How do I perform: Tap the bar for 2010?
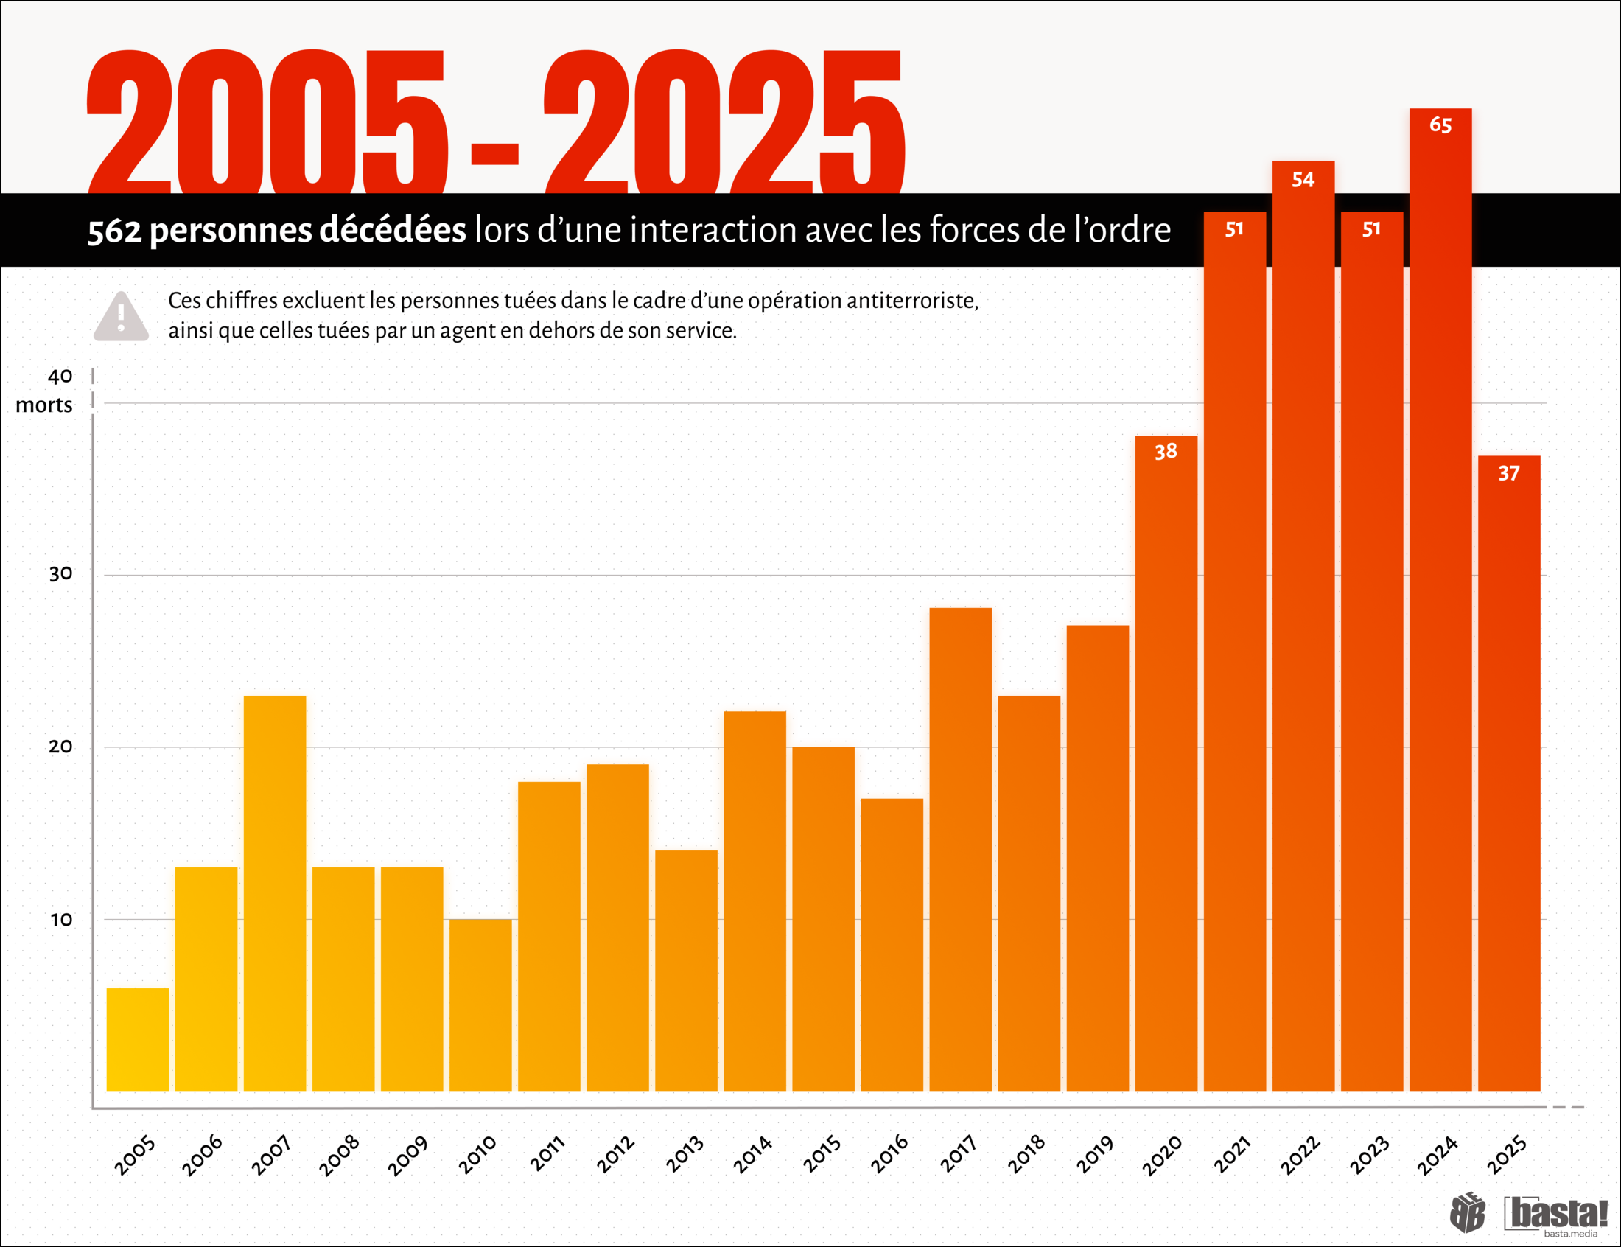[480, 1005]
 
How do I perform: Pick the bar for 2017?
[960, 849]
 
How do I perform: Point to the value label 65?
[1440, 125]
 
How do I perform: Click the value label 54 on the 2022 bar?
[1303, 180]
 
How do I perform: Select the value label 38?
[1166, 451]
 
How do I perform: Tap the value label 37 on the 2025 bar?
[1508, 474]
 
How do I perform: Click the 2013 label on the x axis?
[684, 1155]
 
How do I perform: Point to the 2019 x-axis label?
[1095, 1155]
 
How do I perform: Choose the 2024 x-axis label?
[1437, 1155]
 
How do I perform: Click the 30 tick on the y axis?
[61, 574]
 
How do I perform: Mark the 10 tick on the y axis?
[61, 920]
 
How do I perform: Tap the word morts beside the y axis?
[43, 405]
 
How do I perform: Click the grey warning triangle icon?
[121, 318]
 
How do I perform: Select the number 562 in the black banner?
[114, 231]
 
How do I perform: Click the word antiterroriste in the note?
[911, 301]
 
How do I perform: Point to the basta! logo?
[1555, 1215]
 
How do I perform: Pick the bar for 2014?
[755, 901]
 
